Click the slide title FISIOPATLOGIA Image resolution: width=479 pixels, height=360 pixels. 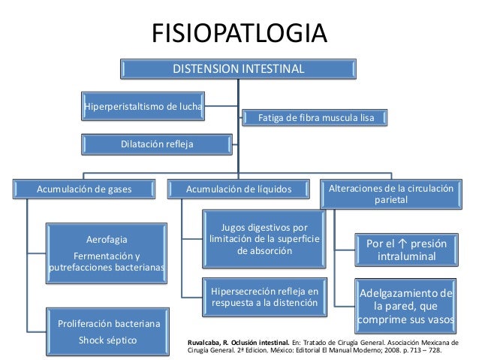(x=239, y=34)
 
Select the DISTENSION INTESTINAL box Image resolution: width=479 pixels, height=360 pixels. (x=239, y=69)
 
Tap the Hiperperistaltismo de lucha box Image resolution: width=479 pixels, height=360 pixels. (x=143, y=106)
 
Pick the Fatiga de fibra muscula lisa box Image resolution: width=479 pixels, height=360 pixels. (x=316, y=118)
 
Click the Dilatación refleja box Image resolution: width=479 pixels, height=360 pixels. (x=143, y=141)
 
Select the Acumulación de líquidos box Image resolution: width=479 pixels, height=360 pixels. (x=239, y=189)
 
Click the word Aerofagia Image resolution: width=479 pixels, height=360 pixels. (x=107, y=239)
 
